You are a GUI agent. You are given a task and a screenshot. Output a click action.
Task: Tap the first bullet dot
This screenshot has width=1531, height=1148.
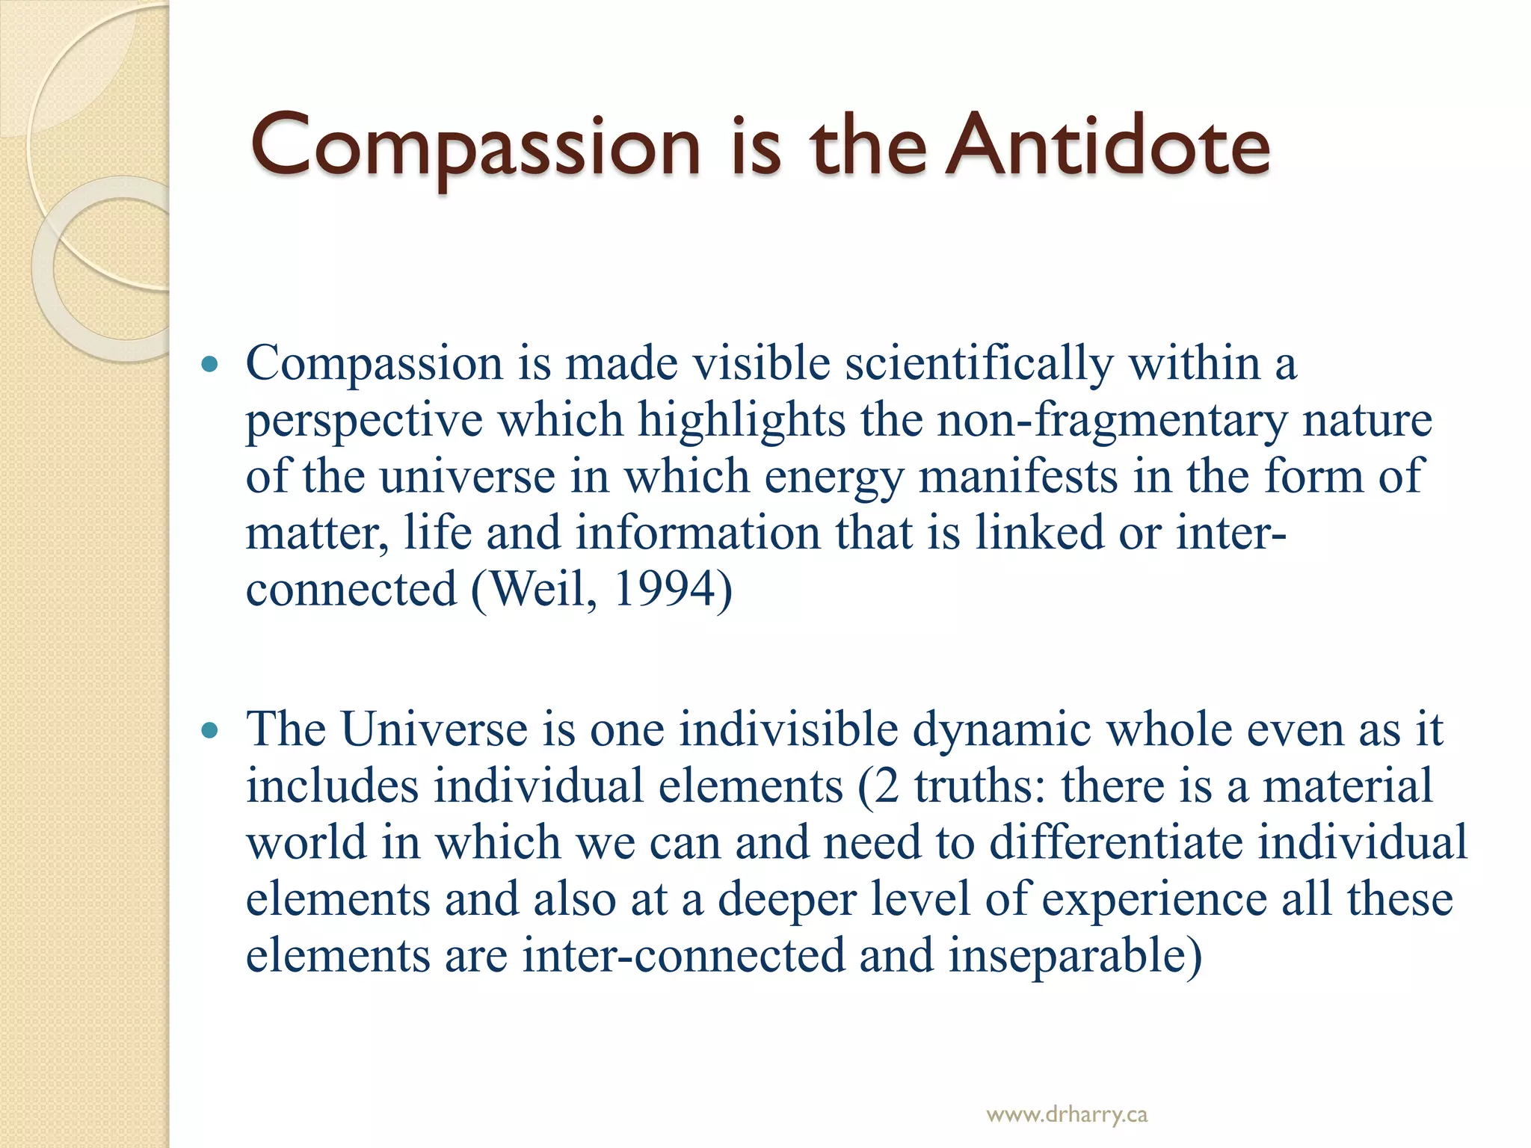210,365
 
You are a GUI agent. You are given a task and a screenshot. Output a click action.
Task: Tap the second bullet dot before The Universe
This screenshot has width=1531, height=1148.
210,730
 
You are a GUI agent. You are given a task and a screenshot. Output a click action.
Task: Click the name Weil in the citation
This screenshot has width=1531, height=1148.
539,590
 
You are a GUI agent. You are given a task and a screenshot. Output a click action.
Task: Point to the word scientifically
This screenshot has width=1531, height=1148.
979,365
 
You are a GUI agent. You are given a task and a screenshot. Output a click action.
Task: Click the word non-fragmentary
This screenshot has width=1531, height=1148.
1112,421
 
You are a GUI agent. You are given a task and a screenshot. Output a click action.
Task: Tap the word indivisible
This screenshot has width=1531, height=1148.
789,729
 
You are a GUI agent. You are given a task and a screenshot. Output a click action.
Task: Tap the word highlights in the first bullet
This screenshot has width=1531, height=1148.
741,421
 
